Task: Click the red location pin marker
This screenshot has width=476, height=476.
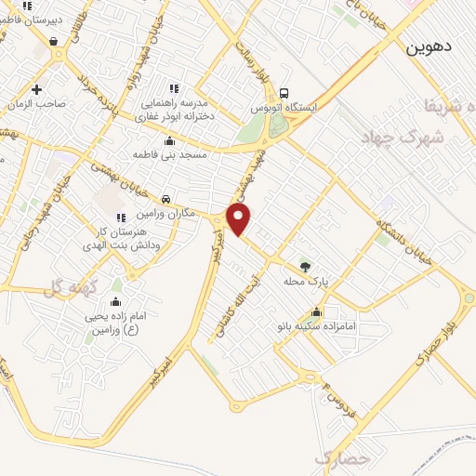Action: (x=240, y=219)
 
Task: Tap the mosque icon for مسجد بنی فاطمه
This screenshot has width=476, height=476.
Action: (x=169, y=141)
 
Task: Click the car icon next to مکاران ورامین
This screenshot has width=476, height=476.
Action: (x=165, y=199)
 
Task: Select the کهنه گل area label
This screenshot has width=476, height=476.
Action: (x=69, y=290)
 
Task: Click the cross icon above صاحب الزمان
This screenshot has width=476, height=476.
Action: (x=35, y=90)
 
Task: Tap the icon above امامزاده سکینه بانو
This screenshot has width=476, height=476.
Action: (x=318, y=312)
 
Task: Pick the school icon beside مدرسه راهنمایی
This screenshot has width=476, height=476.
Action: (x=173, y=87)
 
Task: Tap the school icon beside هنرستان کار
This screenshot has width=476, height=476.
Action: (x=120, y=218)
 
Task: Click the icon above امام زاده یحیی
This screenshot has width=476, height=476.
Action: (x=114, y=301)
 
